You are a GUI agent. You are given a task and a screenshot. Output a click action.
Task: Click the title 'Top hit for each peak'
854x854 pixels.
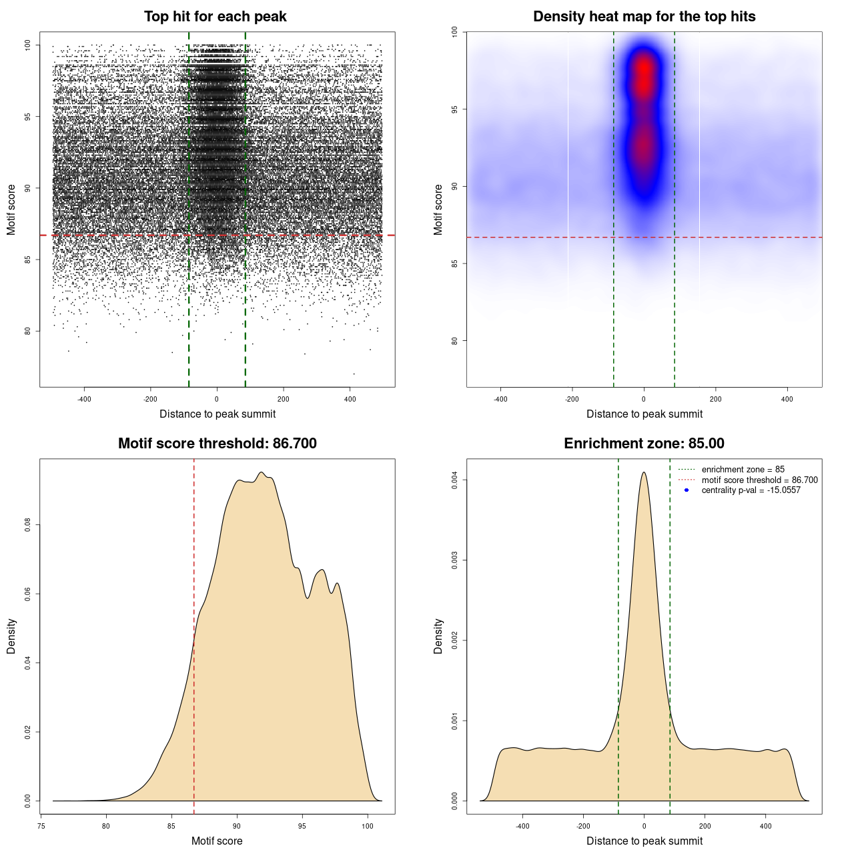pos(215,17)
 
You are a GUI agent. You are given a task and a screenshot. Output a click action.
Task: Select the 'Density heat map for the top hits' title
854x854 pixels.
pos(644,17)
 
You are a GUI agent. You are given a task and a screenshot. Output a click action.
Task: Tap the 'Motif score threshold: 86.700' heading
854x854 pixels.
pos(217,444)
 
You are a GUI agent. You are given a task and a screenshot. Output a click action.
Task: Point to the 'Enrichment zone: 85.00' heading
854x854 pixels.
pos(644,444)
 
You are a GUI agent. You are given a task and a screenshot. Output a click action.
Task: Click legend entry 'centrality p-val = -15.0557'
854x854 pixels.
pos(751,490)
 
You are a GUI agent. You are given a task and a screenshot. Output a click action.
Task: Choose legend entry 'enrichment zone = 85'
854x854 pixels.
pos(743,470)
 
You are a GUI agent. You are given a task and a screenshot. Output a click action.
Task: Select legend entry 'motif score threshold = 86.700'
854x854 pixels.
pos(759,480)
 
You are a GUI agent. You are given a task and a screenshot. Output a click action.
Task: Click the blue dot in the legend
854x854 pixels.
pos(687,490)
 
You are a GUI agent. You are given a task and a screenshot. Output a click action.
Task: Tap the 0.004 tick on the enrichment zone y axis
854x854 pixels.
pos(454,480)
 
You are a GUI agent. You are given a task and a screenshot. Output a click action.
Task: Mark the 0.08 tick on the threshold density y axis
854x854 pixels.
pos(27,525)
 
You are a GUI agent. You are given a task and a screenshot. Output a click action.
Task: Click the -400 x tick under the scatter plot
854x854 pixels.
pos(84,399)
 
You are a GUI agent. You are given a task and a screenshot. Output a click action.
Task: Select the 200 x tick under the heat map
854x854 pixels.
pos(715,399)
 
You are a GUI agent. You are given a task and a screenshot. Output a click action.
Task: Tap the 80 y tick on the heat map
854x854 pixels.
pos(454,340)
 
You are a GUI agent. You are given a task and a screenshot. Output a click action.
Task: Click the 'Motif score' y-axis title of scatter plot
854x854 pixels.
pos(11,209)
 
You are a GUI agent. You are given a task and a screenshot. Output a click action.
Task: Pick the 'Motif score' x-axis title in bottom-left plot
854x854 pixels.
pos(217,841)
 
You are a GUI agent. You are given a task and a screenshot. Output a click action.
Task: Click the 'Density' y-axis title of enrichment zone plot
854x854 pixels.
pos(438,636)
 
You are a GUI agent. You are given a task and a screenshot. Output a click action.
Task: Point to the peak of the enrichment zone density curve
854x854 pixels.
pos(644,473)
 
